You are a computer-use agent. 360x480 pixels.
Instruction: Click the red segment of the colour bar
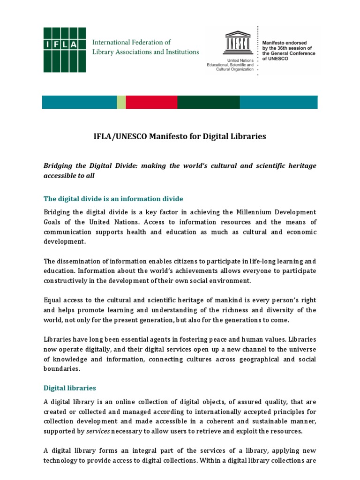(x=151, y=102)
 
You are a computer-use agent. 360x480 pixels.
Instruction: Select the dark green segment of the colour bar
(x=209, y=102)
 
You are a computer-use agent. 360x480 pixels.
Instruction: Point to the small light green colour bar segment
(x=121, y=102)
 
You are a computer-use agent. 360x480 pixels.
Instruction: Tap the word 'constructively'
(x=66, y=281)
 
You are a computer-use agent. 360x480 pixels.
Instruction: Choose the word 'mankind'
(x=221, y=300)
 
